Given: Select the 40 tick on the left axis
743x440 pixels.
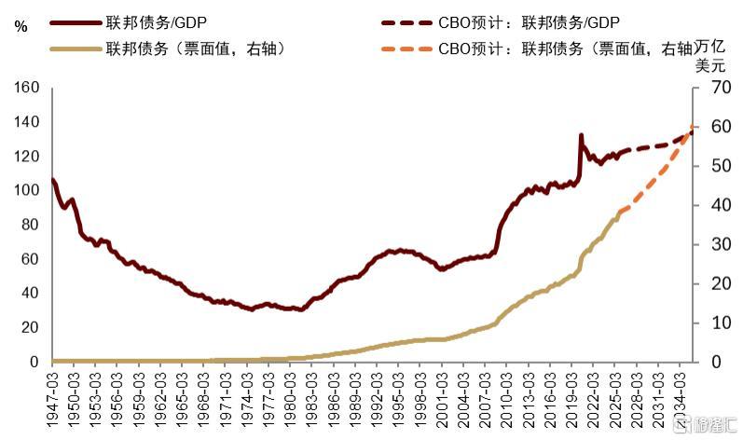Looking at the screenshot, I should click(30, 293).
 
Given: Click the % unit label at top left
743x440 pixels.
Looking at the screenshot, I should click(21, 27).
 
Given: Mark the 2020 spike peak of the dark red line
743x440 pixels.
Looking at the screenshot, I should click(582, 136).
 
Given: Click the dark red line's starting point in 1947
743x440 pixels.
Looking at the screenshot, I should click(53, 180).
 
